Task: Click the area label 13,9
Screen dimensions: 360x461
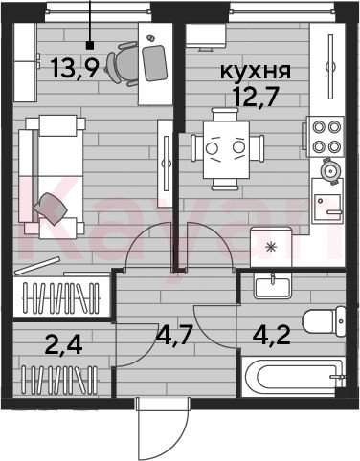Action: point(74,68)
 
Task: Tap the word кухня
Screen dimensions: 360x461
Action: point(256,72)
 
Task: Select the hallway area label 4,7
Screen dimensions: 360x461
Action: point(174,335)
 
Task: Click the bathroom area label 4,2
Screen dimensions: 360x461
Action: point(272,335)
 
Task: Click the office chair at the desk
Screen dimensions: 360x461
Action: point(123,64)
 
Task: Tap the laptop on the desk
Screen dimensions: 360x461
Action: point(155,63)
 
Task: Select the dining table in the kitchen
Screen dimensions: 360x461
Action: point(226,149)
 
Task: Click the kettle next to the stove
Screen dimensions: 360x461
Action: point(330,171)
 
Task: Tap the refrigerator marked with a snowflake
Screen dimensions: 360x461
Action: point(271,247)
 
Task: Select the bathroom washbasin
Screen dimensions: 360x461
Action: point(273,286)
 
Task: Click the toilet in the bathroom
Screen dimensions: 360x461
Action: point(324,321)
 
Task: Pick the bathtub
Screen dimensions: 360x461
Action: point(293,376)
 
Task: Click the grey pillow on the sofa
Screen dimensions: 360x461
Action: point(51,209)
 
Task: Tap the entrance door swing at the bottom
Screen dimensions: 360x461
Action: point(163,428)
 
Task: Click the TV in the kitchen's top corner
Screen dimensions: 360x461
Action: point(206,36)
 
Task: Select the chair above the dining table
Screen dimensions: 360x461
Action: point(225,114)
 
